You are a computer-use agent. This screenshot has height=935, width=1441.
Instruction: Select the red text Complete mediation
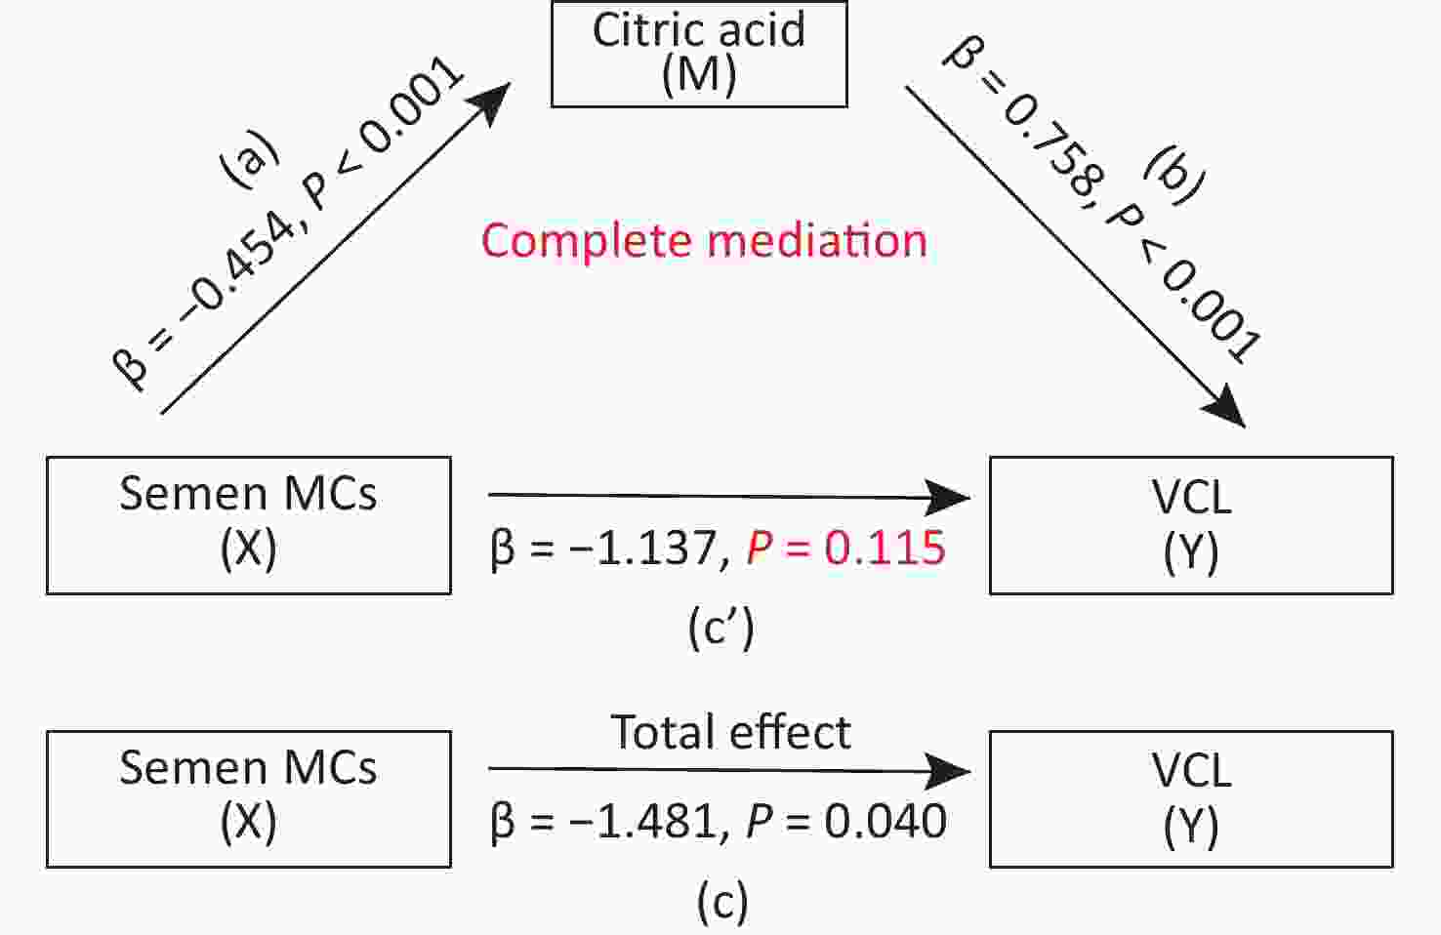[x=705, y=241]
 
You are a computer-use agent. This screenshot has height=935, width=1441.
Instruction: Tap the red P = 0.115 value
[x=845, y=548]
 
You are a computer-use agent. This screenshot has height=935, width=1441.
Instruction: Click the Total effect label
[x=731, y=732]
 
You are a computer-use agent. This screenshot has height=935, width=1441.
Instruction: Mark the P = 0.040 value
[x=846, y=821]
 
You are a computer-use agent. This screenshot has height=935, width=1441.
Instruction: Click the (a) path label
[x=250, y=159]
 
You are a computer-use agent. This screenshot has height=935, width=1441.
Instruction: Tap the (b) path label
[x=1174, y=175]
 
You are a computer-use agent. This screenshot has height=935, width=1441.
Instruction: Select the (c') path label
[x=721, y=629]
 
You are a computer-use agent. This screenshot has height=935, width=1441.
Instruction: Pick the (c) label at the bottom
[x=722, y=902]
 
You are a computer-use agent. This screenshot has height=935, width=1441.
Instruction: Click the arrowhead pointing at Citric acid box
[x=490, y=102]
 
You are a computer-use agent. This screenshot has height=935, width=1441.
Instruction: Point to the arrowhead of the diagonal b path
[x=1224, y=406]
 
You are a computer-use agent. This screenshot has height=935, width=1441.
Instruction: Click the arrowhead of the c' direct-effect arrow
[x=947, y=497]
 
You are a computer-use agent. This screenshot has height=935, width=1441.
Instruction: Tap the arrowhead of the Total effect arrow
[x=947, y=771]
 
